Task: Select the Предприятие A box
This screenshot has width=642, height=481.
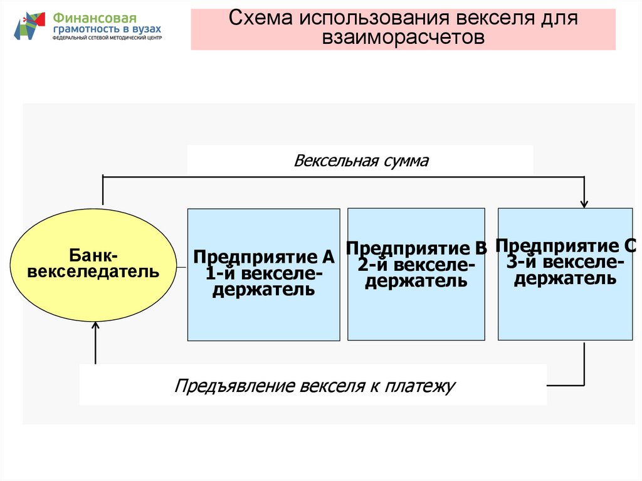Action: pyautogui.click(x=264, y=274)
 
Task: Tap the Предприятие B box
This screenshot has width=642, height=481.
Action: pyautogui.click(x=416, y=274)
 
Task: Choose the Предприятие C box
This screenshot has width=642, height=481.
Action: pyautogui.click(x=566, y=273)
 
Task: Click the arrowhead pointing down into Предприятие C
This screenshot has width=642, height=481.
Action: pyautogui.click(x=584, y=203)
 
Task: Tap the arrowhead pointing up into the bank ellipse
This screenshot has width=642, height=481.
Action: pyautogui.click(x=95, y=325)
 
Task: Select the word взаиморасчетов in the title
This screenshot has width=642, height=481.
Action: pyautogui.click(x=404, y=37)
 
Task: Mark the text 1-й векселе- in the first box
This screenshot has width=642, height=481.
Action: pyautogui.click(x=263, y=273)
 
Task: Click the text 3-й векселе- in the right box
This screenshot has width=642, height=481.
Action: pyautogui.click(x=565, y=262)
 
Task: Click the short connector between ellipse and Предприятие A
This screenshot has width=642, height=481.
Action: pyautogui.click(x=182, y=267)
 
